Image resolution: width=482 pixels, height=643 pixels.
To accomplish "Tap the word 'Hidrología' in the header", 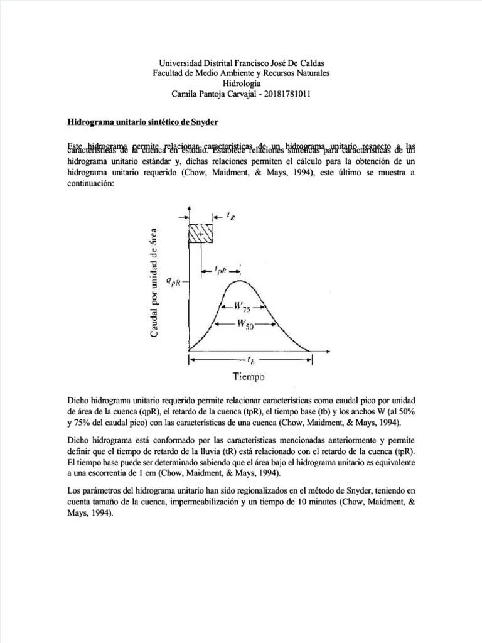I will coord(242,84).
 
